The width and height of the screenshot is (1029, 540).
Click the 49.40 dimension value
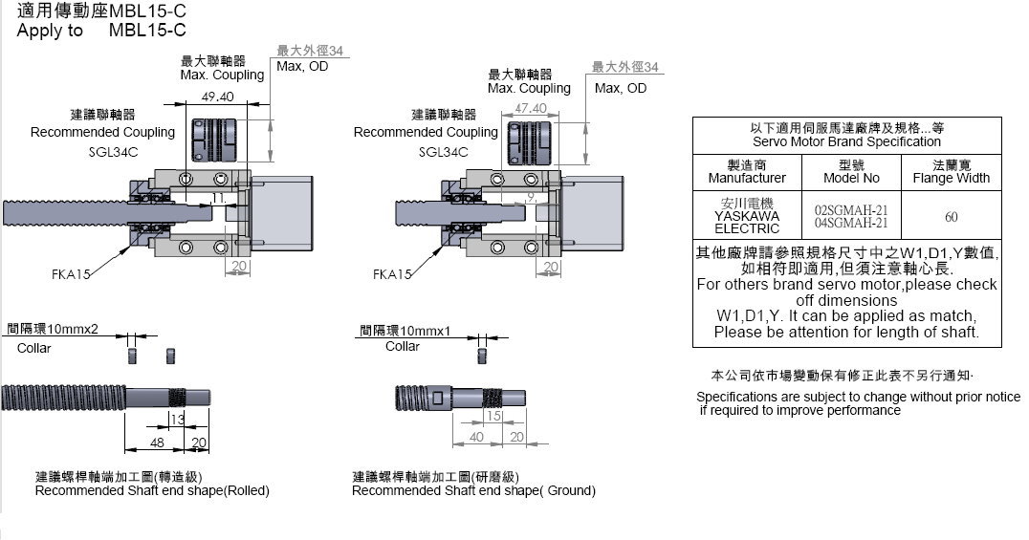218,97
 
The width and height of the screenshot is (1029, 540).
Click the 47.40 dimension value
531,109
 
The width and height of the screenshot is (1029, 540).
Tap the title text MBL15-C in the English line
147,31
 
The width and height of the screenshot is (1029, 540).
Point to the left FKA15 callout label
71,274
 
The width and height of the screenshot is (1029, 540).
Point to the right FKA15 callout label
392,274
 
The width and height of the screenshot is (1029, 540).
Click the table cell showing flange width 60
952,217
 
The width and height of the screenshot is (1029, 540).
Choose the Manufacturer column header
747,172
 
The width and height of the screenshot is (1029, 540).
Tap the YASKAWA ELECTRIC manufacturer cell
747,216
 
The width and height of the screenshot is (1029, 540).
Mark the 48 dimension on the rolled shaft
157,443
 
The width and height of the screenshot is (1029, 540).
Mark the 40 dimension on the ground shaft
475,437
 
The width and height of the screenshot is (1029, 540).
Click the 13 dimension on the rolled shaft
177,420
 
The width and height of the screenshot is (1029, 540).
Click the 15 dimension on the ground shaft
493,417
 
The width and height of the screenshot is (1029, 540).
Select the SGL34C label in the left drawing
101,152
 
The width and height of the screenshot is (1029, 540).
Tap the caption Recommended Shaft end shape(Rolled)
152,490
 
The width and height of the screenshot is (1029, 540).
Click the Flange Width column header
952,172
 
